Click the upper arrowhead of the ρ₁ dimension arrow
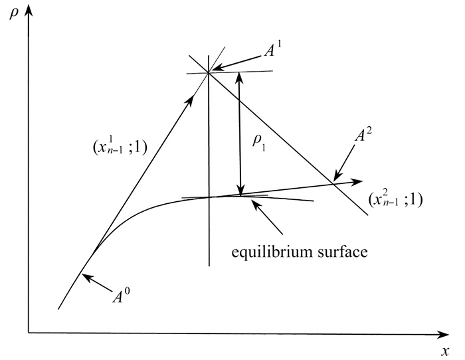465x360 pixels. click(x=241, y=76)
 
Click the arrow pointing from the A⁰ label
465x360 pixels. click(x=92, y=282)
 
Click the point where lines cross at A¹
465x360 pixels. click(x=209, y=72)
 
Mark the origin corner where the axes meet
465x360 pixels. click(x=28, y=330)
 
